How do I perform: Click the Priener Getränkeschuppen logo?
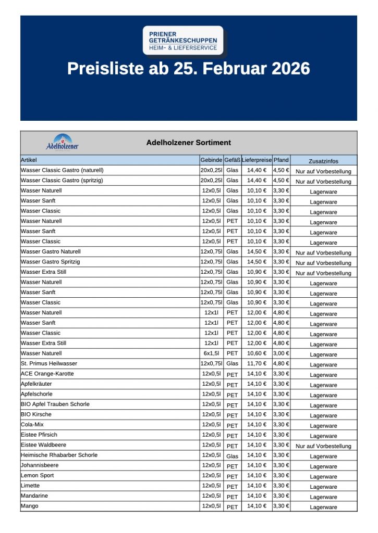coord(183,41)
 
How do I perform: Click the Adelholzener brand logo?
coord(63,143)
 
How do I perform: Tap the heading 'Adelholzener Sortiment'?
coord(189,143)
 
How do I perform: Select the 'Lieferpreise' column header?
coord(257,160)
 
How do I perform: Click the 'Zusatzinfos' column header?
coord(323,161)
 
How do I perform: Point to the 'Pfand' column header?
coord(281,160)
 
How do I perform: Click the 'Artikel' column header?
coord(29,160)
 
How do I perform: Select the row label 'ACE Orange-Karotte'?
coord(47,374)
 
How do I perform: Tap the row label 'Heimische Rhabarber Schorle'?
coord(59,455)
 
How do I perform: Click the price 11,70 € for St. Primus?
coord(257,363)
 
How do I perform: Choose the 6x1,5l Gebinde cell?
coord(211,353)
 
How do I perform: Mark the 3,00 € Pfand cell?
coord(281,353)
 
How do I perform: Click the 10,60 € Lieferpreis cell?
coord(257,353)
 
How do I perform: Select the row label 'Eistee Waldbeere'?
coord(43,445)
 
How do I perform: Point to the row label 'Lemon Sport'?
coord(37,475)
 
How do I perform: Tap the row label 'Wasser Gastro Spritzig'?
coord(51,262)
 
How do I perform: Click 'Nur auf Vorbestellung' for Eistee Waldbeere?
coord(323,446)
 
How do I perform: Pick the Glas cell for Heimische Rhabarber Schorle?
coord(233,456)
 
